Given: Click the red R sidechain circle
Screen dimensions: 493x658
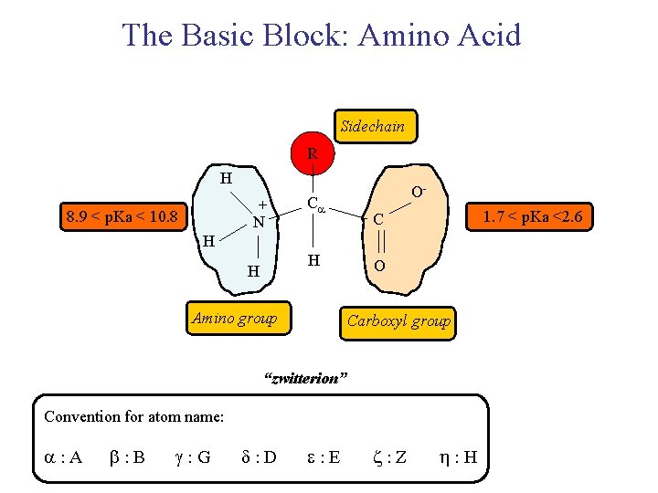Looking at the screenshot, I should click(x=313, y=154).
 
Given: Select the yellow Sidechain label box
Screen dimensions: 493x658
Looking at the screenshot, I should click(x=372, y=127).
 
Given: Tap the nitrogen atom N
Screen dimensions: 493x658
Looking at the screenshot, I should click(x=259, y=222).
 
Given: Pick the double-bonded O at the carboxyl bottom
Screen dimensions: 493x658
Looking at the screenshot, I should click(x=378, y=266).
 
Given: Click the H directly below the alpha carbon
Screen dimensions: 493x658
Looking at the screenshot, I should click(x=313, y=262).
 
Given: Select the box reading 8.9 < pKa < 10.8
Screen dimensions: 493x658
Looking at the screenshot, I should click(x=122, y=217).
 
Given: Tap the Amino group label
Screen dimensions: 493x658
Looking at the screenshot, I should click(x=234, y=318).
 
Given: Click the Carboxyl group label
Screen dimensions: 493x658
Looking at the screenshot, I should click(x=398, y=320).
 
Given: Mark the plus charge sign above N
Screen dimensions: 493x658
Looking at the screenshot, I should click(x=262, y=205).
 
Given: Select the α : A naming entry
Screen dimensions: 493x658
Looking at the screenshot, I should click(x=63, y=457).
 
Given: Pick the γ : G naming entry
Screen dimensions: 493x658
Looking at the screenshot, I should click(x=191, y=457).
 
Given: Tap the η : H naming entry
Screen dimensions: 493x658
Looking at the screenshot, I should click(x=458, y=457).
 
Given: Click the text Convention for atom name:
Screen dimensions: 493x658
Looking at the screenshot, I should click(x=134, y=416).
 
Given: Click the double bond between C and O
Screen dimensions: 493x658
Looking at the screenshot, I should click(x=377, y=243).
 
